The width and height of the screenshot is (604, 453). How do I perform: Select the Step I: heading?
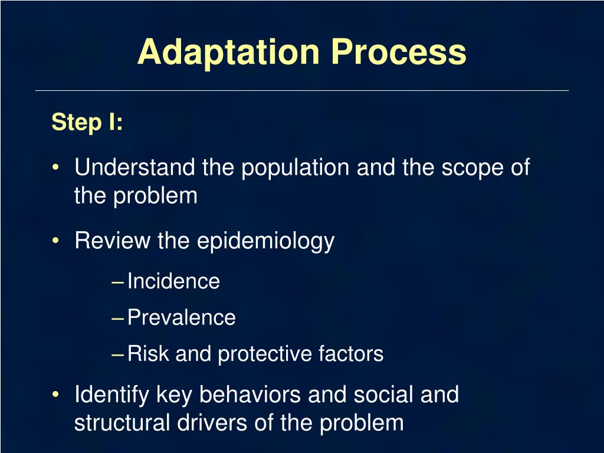[87, 123]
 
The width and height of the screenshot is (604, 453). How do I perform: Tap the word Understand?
[135, 168]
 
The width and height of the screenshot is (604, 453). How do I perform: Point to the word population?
[296, 168]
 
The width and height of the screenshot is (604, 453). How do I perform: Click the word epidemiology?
[265, 241]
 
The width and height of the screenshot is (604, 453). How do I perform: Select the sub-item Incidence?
[173, 281]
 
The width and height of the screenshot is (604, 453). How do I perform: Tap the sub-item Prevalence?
[182, 318]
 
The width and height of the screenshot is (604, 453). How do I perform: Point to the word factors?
[351, 354]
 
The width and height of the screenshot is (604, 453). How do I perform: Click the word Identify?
[112, 395]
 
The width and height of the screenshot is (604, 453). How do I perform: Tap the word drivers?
[222, 423]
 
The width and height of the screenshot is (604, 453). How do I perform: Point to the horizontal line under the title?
[302, 90]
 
